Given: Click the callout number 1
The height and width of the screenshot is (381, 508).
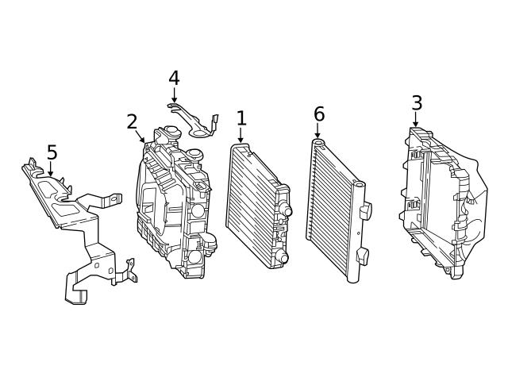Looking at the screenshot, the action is point(241,118).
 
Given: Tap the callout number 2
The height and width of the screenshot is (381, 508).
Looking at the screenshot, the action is point(133,122).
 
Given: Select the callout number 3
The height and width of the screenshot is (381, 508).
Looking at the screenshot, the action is point(417,103).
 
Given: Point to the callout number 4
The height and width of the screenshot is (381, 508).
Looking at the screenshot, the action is point(174,79).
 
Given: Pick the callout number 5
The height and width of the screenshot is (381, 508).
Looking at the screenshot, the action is point(52,152).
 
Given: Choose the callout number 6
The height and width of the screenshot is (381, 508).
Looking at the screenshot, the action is point(319,114).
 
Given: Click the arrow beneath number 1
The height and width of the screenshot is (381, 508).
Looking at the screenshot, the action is point(241,135).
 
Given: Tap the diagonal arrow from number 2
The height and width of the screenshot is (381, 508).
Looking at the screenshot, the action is point(140,137).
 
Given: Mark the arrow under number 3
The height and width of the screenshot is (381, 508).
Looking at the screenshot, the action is point(415,119).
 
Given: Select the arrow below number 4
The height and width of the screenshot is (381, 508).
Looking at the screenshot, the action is point(175,95).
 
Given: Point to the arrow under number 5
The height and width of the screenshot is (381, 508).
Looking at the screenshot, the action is point(50,169).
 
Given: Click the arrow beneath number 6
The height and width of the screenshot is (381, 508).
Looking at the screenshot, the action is point(317,130).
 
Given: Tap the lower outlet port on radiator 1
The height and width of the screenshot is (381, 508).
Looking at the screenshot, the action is point(282,257).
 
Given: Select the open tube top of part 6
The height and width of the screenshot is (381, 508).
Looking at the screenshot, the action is point(318,143).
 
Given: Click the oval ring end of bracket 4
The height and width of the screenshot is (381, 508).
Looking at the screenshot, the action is point(198,133).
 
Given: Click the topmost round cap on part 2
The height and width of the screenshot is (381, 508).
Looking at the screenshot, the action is point(171,130).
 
